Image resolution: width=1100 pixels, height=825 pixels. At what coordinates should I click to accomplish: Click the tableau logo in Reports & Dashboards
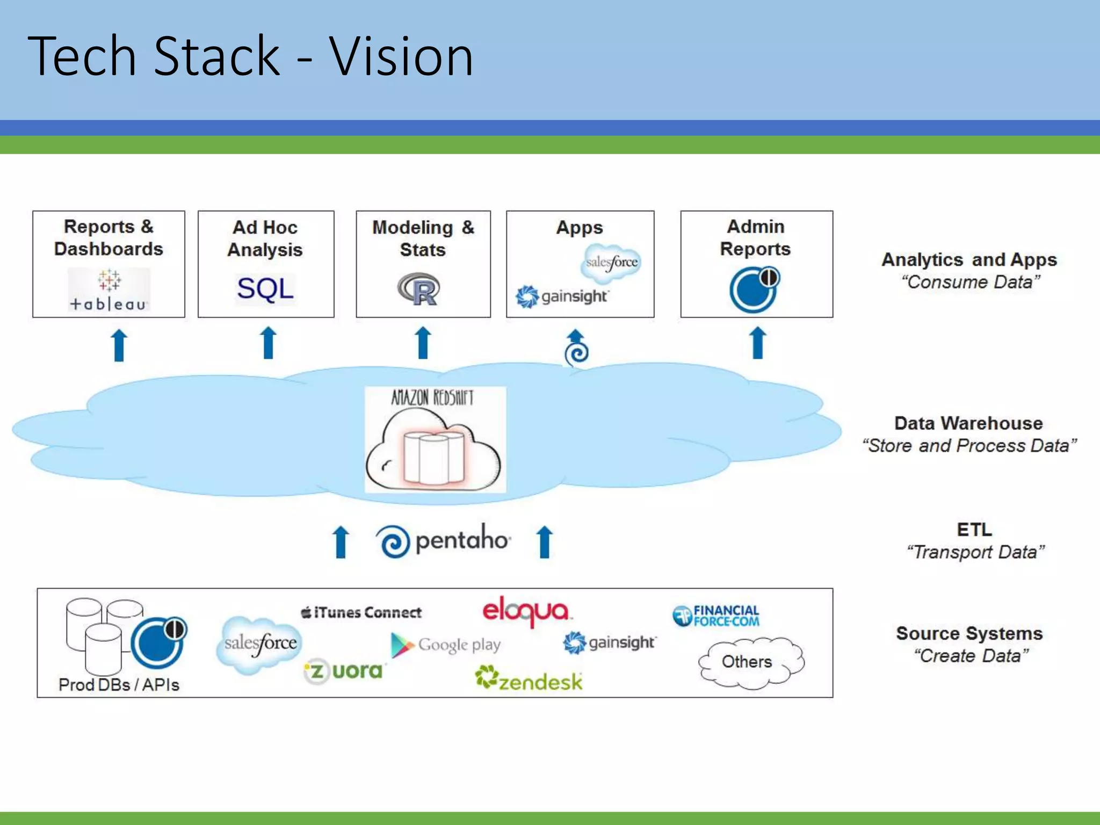pyautogui.click(x=108, y=291)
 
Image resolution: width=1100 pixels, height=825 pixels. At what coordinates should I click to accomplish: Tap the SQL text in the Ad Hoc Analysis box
pyautogui.click(x=265, y=289)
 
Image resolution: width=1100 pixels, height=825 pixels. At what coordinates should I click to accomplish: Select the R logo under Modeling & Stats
pyautogui.click(x=419, y=290)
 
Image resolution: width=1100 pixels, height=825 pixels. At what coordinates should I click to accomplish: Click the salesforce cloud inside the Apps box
pyautogui.click(x=612, y=263)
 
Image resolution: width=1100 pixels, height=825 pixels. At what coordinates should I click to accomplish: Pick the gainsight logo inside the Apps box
pyautogui.click(x=561, y=296)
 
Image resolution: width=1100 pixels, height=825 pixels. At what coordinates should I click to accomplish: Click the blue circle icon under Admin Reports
pyautogui.click(x=754, y=290)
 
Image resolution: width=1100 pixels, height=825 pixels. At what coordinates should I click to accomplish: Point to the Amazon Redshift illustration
pyautogui.click(x=435, y=439)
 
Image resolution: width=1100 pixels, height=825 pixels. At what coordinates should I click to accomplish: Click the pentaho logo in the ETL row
pyautogui.click(x=444, y=541)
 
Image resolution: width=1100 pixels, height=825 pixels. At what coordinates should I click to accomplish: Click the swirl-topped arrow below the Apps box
pyautogui.click(x=576, y=348)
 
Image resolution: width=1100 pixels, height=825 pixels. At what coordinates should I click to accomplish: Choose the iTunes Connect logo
pyautogui.click(x=361, y=612)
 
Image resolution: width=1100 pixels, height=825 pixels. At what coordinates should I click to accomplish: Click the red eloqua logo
pyautogui.click(x=526, y=611)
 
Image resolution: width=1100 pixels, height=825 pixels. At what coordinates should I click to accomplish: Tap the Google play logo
pyautogui.click(x=446, y=645)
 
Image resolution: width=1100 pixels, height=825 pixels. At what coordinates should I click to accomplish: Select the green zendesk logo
pyautogui.click(x=529, y=679)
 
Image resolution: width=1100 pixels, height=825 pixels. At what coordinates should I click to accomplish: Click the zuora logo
pyautogui.click(x=344, y=671)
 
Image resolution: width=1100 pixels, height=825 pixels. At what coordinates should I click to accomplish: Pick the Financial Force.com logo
pyautogui.click(x=716, y=616)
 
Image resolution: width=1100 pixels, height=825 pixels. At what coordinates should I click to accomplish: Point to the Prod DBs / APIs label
pyautogui.click(x=119, y=685)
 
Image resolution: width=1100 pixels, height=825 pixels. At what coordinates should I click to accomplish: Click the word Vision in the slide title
pyautogui.click(x=401, y=56)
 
